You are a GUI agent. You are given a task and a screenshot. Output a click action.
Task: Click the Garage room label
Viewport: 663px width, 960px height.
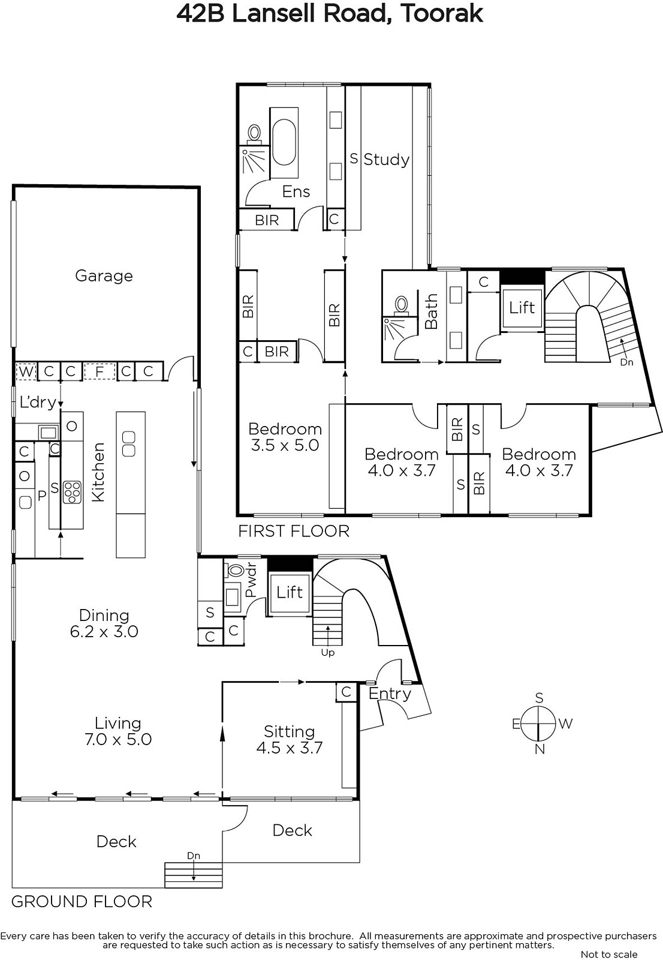104,276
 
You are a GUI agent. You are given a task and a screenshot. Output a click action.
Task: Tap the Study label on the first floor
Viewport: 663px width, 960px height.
386,160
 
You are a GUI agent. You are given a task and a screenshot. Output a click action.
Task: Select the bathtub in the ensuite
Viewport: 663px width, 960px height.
284,142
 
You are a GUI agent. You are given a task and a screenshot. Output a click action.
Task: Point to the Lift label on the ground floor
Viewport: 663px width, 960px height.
290,593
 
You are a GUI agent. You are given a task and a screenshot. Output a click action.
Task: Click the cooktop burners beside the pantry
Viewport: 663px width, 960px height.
72,493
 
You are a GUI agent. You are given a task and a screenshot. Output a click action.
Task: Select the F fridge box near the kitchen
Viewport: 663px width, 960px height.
100,371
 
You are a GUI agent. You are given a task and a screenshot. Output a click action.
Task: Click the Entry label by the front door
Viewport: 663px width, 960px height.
390,694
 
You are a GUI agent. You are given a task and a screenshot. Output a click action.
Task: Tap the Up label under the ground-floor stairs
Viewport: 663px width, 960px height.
328,653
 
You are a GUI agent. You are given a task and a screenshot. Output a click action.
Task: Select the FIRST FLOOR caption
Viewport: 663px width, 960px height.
294,532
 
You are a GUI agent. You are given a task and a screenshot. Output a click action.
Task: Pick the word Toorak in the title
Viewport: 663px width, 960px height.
442,14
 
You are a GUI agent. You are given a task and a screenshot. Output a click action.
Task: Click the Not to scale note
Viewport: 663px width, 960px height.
609,954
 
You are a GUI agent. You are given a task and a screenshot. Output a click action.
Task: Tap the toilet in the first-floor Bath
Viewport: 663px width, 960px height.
401,305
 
